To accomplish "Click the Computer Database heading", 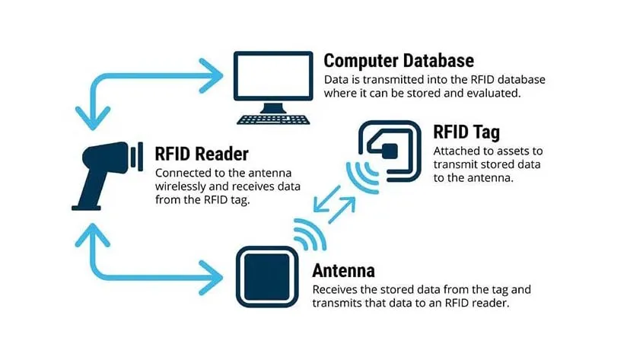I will click(399, 61).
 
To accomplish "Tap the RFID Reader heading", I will click(202, 154).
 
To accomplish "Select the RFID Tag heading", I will click(466, 132).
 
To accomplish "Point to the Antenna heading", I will click(343, 271).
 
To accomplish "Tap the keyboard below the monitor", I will click(274, 119).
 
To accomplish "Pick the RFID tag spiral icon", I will click(390, 149).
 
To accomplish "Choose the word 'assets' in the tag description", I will click(512, 151).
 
